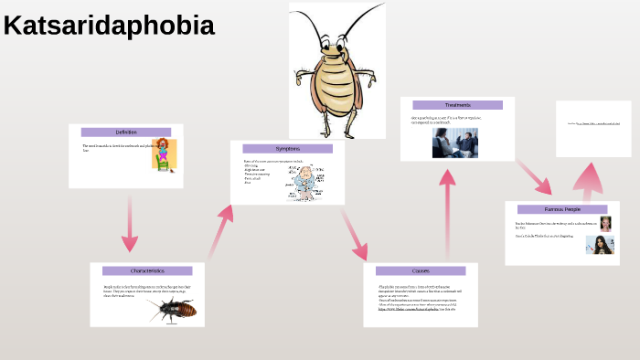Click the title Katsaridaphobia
pyautogui.click(x=109, y=26)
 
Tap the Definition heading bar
pyautogui.click(x=126, y=132)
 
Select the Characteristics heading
pyautogui.click(x=147, y=271)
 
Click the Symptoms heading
pyautogui.click(x=287, y=149)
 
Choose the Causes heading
pyautogui.click(x=421, y=270)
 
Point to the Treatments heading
pyautogui.click(x=457, y=105)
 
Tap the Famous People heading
pyautogui.click(x=562, y=209)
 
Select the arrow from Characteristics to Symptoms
pyautogui.click(x=220, y=232)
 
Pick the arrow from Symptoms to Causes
pyautogui.click(x=355, y=235)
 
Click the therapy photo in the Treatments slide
pyautogui.click(x=454, y=143)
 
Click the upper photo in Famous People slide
pyautogui.click(x=605, y=224)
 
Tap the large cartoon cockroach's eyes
pyautogui.click(x=335, y=44)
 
